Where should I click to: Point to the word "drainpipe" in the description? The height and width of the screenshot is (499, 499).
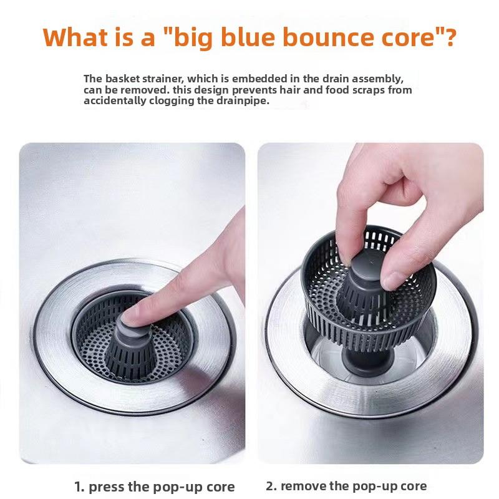point(243,101)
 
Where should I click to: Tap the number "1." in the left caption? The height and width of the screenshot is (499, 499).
point(79,487)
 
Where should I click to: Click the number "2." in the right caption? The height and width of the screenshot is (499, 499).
point(271,486)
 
